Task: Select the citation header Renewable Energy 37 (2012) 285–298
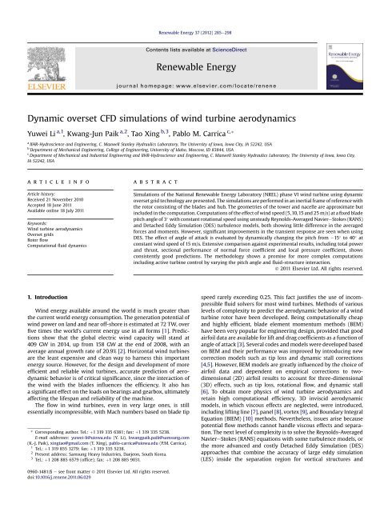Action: tap(192, 10)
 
